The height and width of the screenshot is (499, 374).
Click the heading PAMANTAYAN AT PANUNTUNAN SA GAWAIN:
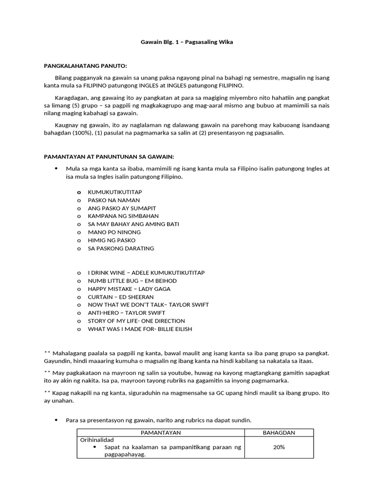point(109,156)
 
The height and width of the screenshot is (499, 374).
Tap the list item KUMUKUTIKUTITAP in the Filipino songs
point(115,192)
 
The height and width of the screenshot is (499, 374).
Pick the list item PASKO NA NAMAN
point(113,200)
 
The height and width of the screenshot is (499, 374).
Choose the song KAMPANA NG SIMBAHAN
point(123,216)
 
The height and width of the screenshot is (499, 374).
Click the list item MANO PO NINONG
point(112,232)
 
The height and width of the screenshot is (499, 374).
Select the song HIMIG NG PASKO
point(112,240)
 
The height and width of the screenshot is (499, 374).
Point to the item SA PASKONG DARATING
point(121,248)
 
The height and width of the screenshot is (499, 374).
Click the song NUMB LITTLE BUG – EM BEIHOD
point(132,281)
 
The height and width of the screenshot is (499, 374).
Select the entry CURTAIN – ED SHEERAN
point(120,297)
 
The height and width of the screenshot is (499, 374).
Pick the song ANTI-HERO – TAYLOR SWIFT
point(126,313)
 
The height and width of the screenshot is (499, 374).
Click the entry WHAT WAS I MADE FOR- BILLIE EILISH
point(140,329)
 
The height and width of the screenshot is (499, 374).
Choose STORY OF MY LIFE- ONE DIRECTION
point(136,321)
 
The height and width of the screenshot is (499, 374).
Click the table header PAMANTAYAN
point(161,433)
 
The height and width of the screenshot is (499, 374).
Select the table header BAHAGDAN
point(279,433)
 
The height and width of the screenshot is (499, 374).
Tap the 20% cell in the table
point(279,447)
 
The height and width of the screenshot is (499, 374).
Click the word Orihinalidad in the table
point(97,440)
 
